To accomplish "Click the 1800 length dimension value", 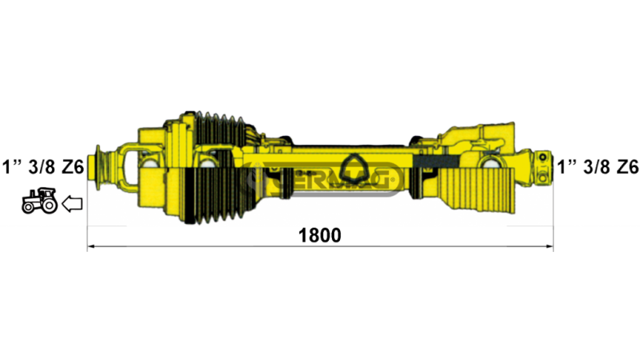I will [320, 235].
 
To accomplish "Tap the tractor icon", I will [39, 201].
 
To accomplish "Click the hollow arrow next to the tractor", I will [72, 205].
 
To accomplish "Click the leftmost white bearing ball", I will [150, 165].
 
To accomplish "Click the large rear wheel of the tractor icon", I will [48, 205].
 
